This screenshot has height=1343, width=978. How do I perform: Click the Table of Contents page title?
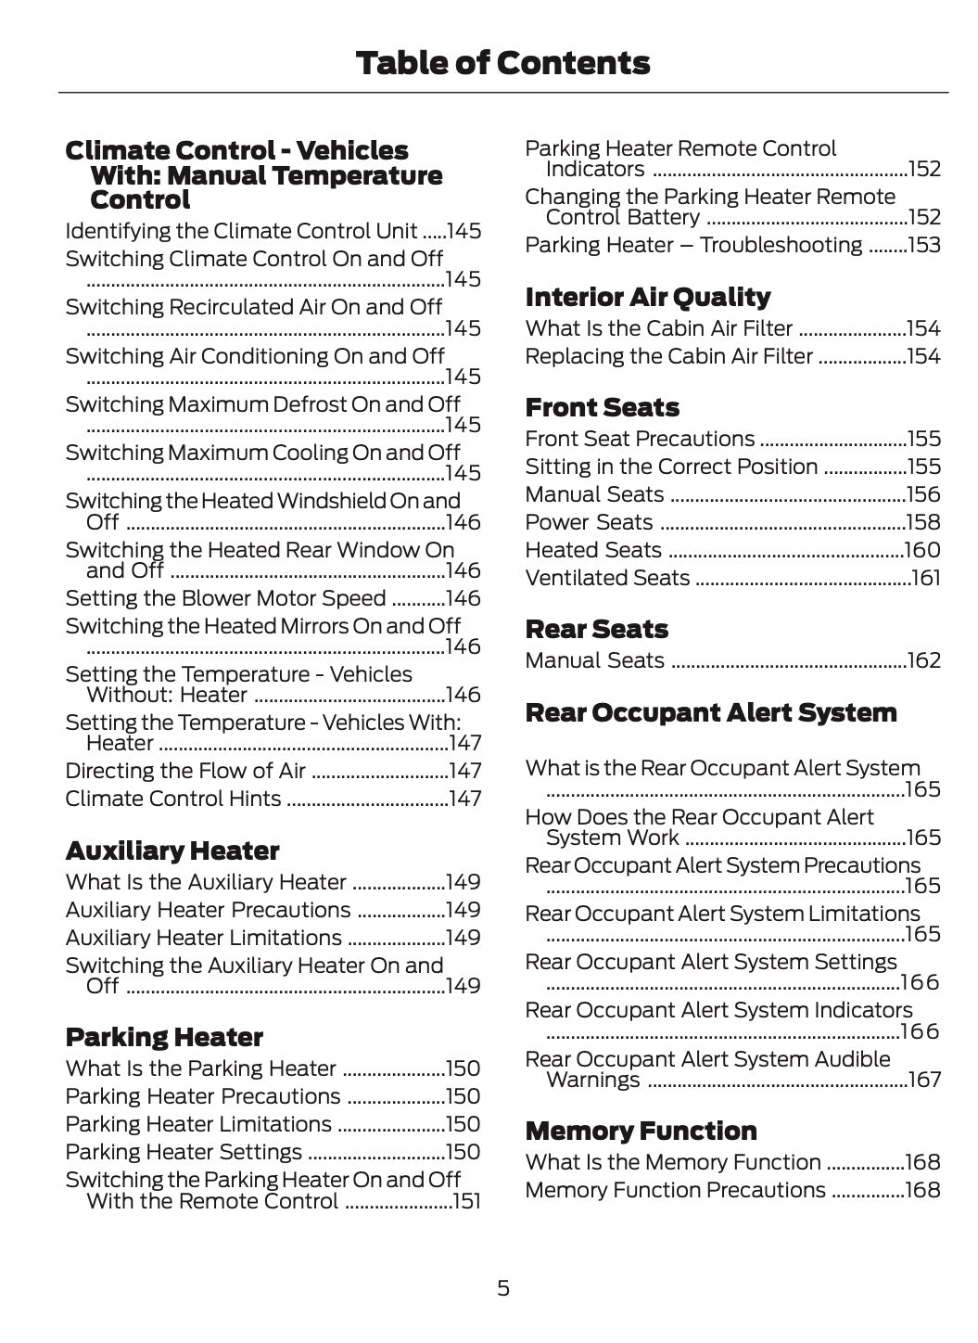click(x=502, y=63)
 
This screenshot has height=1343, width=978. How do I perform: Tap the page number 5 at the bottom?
click(x=502, y=1287)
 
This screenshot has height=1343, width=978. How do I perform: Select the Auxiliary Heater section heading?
click(x=172, y=851)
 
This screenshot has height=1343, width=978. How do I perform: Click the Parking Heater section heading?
click(x=164, y=1037)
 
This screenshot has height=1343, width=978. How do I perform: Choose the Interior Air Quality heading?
click(x=647, y=297)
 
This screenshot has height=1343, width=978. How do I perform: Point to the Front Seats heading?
click(x=602, y=407)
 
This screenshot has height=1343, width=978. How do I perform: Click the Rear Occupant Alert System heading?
click(x=711, y=712)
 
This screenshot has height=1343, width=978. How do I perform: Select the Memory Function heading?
click(x=641, y=1131)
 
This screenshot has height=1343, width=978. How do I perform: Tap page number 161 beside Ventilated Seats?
click(x=926, y=578)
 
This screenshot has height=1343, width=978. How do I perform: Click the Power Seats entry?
click(x=589, y=522)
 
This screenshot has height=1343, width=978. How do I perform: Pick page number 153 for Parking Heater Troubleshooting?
click(x=924, y=245)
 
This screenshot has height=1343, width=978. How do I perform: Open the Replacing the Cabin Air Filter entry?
click(x=668, y=356)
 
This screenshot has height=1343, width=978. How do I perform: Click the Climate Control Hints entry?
click(x=173, y=799)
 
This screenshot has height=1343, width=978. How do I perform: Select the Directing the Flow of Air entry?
click(x=185, y=771)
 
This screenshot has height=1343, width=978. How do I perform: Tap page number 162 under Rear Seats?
click(x=924, y=660)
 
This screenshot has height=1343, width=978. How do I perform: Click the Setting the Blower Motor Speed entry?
click(x=225, y=598)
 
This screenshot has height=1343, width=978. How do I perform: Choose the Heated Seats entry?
click(x=593, y=550)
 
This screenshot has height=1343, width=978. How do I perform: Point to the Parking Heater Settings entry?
click(x=184, y=1152)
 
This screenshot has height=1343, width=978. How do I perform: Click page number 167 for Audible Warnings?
click(x=924, y=1080)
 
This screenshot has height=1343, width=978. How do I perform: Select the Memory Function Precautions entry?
click(x=675, y=1190)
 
